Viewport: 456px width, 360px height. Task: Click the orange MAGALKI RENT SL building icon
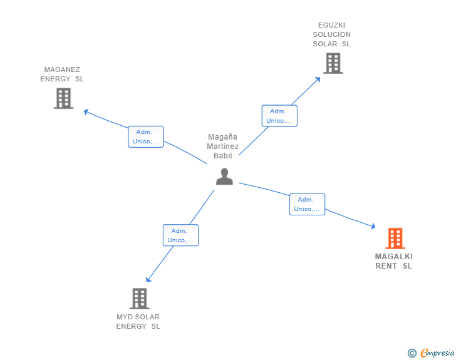395,239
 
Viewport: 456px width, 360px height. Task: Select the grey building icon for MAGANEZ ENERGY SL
63,98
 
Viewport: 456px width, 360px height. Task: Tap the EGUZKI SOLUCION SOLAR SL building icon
333,63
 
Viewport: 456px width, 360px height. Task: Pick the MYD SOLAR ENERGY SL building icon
139,299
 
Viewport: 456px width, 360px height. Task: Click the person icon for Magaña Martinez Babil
224,177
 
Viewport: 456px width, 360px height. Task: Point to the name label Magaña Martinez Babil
222,146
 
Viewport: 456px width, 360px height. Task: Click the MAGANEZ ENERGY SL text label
62,75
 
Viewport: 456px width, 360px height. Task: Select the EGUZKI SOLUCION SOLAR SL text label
332,34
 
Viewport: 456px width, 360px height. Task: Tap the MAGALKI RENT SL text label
394,261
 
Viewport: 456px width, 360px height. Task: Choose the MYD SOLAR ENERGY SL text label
138,321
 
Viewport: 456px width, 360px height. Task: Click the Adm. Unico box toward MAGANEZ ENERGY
146,136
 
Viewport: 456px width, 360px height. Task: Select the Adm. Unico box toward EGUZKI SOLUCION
279,116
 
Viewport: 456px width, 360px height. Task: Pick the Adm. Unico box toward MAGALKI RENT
307,204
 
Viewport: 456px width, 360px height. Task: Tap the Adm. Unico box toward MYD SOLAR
180,235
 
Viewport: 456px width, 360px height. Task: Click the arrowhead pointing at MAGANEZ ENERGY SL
86,111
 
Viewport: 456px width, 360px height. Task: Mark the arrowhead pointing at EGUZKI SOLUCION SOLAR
319,78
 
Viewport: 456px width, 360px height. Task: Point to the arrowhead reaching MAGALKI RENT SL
373,227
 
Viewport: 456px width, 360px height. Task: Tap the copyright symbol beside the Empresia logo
412,353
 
